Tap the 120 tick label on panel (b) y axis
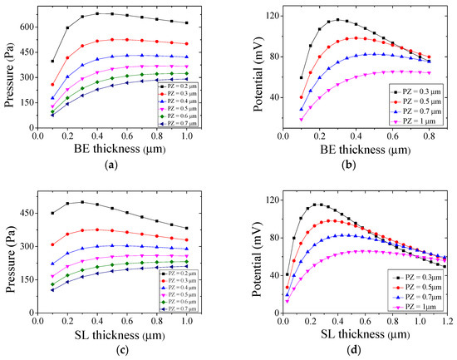[260, 16]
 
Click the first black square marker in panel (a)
[52, 61]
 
